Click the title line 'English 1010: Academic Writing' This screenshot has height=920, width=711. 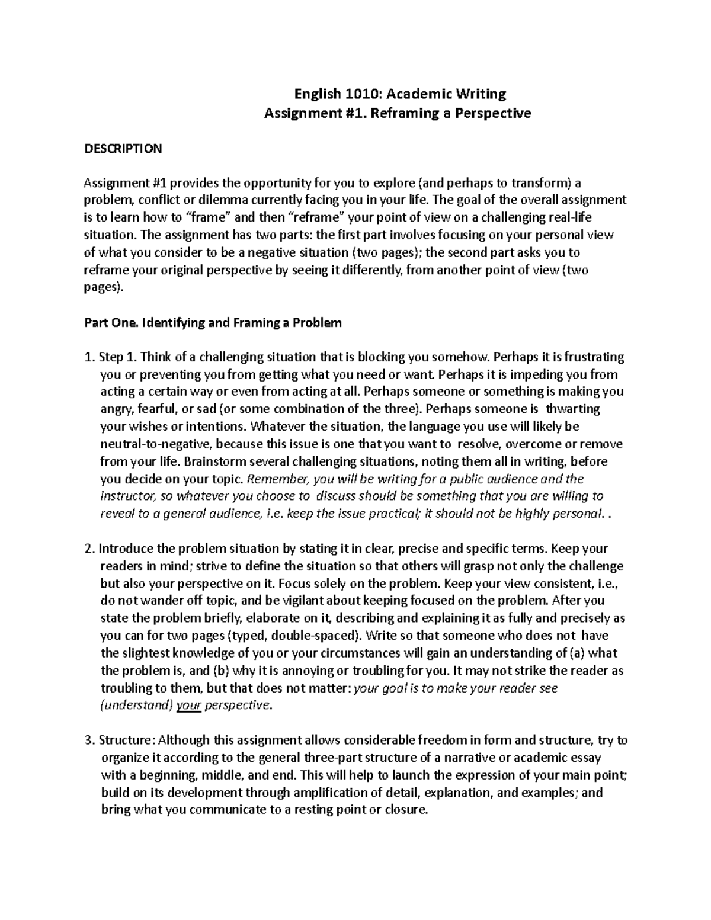coord(401,94)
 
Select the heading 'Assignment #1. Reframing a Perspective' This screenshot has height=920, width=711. coord(397,113)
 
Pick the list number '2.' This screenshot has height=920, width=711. coord(90,549)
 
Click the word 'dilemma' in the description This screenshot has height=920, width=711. coord(193,200)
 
